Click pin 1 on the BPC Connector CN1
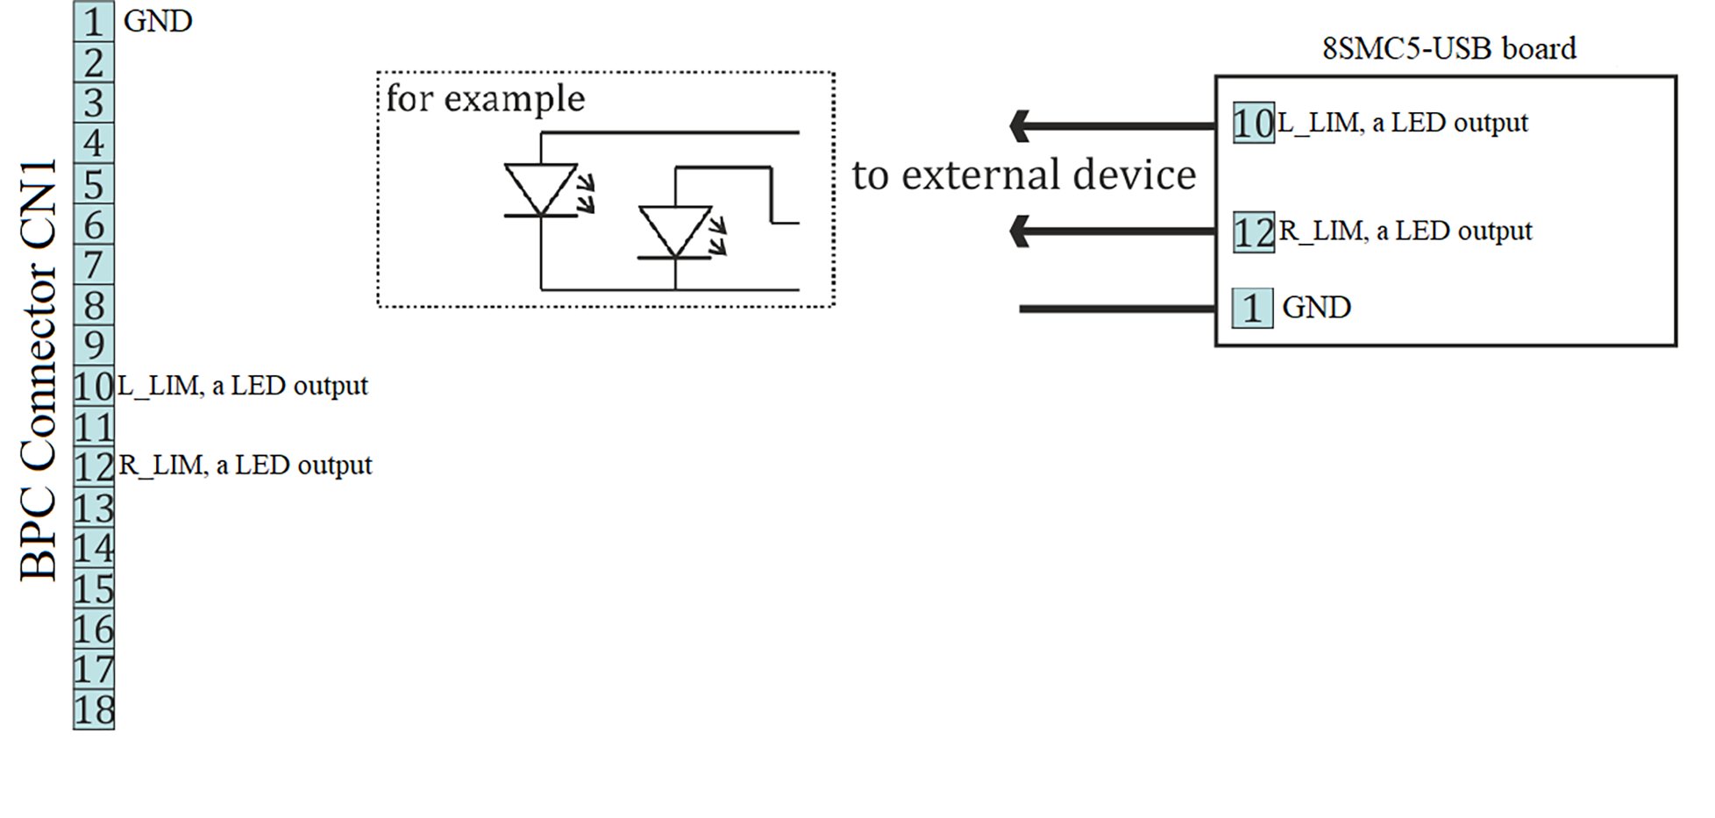(x=94, y=21)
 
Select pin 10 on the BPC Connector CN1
(x=94, y=386)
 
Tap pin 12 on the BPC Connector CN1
(x=94, y=466)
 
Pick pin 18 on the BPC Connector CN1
(x=94, y=709)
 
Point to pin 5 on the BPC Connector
(x=94, y=184)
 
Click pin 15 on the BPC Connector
(x=94, y=588)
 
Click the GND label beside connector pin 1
(x=158, y=21)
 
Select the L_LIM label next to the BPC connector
(x=243, y=386)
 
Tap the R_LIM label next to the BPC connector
(x=246, y=465)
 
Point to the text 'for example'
(x=485, y=98)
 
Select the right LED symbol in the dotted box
(x=675, y=232)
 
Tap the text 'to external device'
(x=1023, y=174)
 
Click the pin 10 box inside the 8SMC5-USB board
(x=1253, y=123)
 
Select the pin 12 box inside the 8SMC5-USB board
(x=1253, y=232)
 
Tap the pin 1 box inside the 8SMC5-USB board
(x=1252, y=308)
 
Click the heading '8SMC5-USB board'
(x=1448, y=48)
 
